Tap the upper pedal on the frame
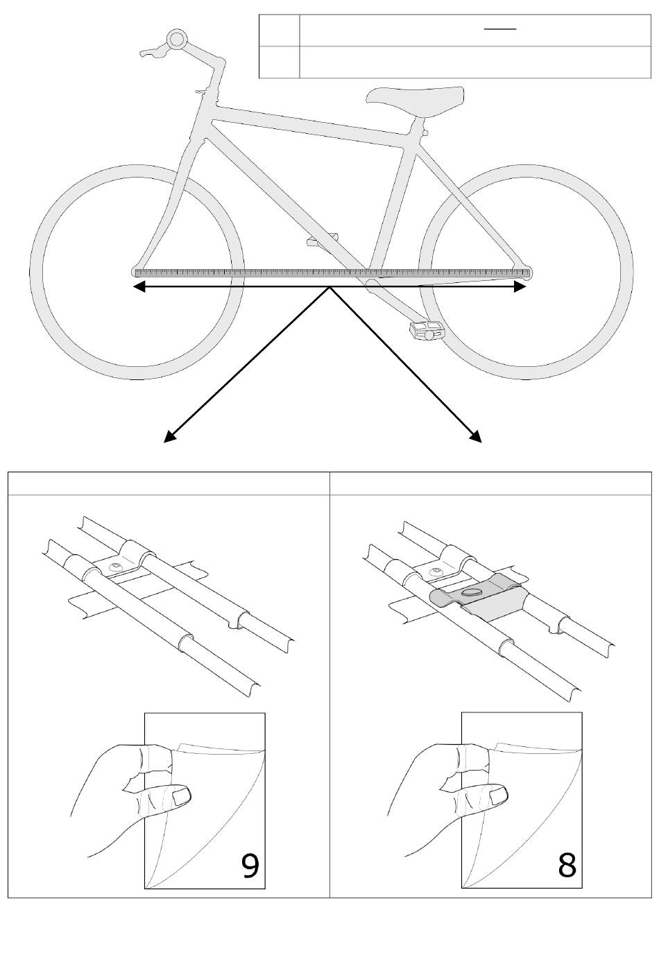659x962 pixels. (x=320, y=241)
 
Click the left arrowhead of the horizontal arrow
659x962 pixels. (x=138, y=287)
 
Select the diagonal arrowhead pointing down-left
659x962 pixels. (x=169, y=436)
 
